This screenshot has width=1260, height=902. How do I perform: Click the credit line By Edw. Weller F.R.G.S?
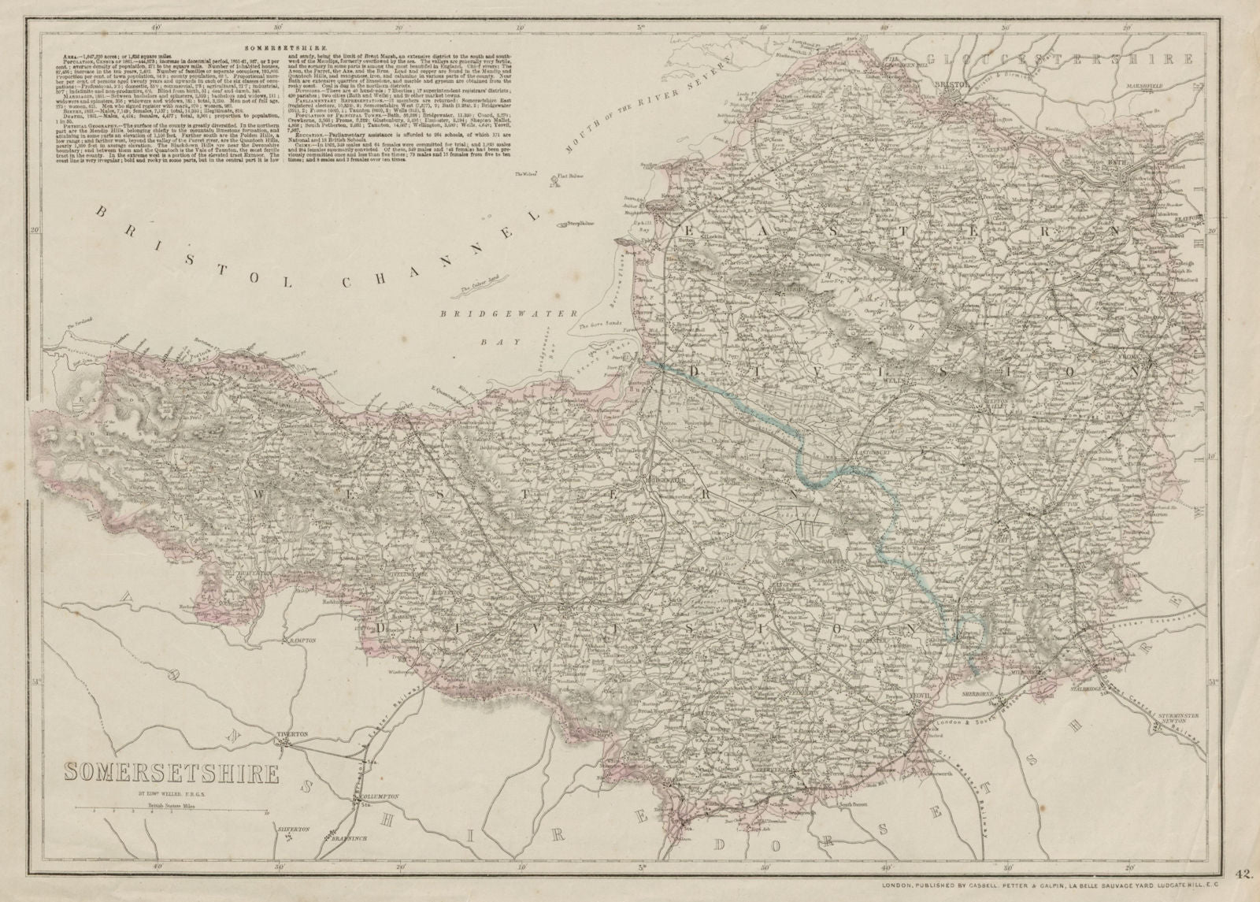click(170, 796)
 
